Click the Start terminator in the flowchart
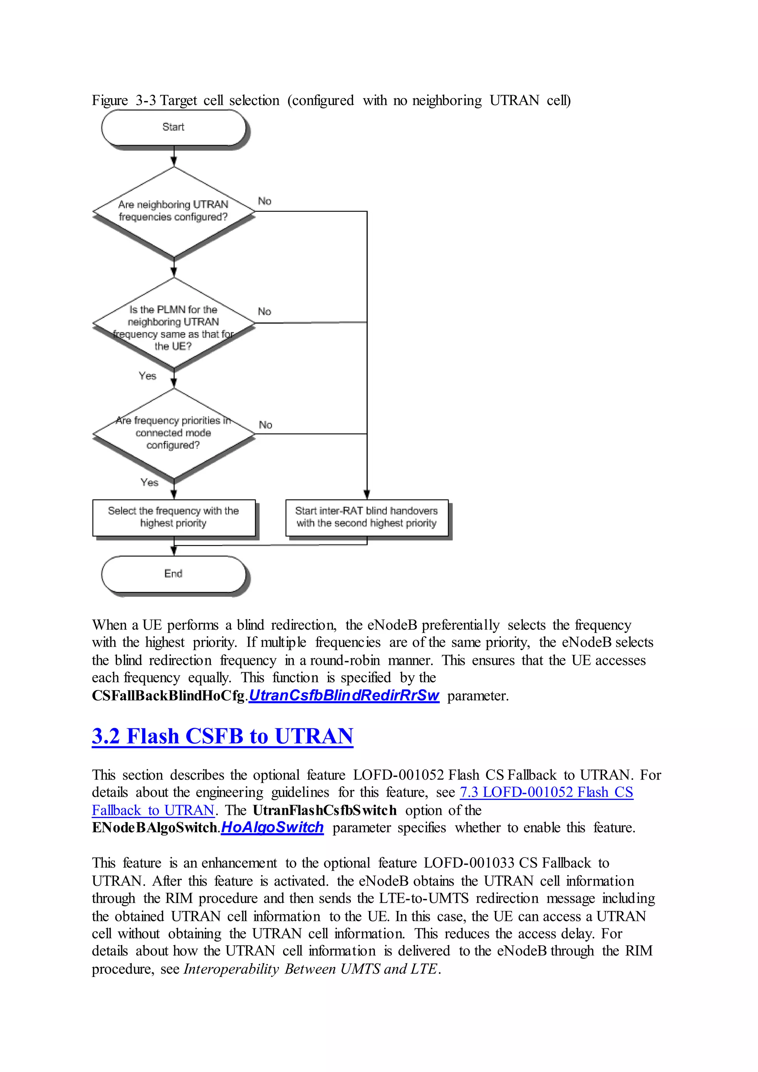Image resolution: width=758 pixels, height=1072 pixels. coord(173,127)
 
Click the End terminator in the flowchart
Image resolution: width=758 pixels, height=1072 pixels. coord(173,574)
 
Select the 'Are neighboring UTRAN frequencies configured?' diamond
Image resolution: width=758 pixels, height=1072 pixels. coord(174,211)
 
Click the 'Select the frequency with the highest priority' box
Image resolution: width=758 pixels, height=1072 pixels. coord(174,517)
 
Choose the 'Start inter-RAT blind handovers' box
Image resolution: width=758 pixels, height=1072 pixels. coord(367,517)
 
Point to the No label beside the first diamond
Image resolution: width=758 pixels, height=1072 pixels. coord(265,201)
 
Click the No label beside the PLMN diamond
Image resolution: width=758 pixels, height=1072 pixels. coord(265,311)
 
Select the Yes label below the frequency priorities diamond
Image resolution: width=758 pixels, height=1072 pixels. coord(150,482)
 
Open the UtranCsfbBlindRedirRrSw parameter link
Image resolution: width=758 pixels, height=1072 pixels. coord(344,696)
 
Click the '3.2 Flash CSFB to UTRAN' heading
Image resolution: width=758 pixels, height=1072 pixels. coord(222,736)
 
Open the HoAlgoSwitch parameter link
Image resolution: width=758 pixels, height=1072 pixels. coord(272,828)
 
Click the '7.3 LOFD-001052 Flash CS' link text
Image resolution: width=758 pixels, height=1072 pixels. coord(546,792)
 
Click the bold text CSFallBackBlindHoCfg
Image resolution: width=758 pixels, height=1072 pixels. coord(168,696)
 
